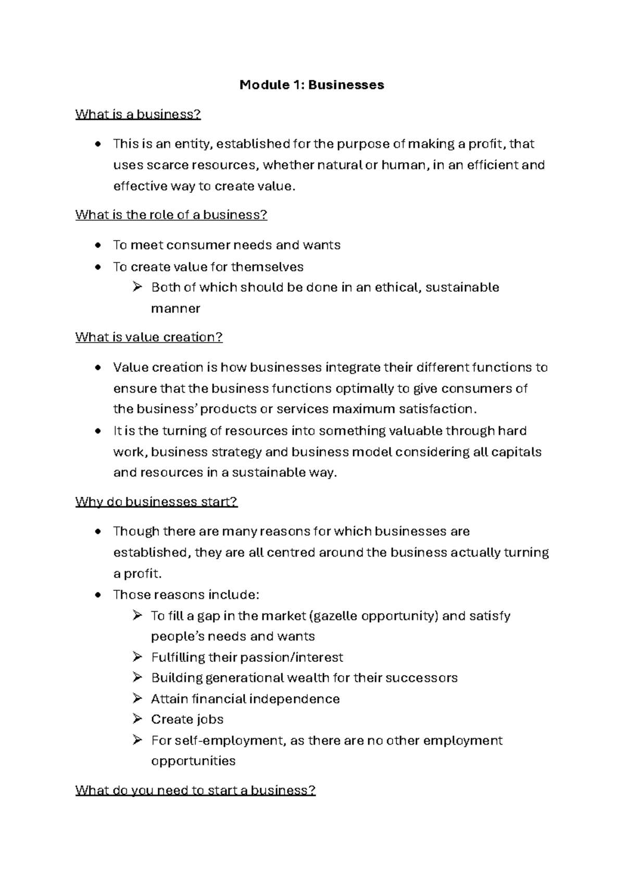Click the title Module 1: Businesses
(311, 85)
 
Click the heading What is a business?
(138, 115)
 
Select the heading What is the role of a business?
(171, 215)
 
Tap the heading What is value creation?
(149, 337)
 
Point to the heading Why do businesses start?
(156, 502)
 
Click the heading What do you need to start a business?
(195, 790)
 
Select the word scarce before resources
(167, 165)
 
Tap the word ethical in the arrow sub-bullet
(396, 287)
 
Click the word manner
(176, 309)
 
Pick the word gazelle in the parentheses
(335, 616)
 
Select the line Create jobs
(187, 720)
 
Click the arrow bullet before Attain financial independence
(137, 698)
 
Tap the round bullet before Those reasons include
(98, 595)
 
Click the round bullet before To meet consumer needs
(98, 245)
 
